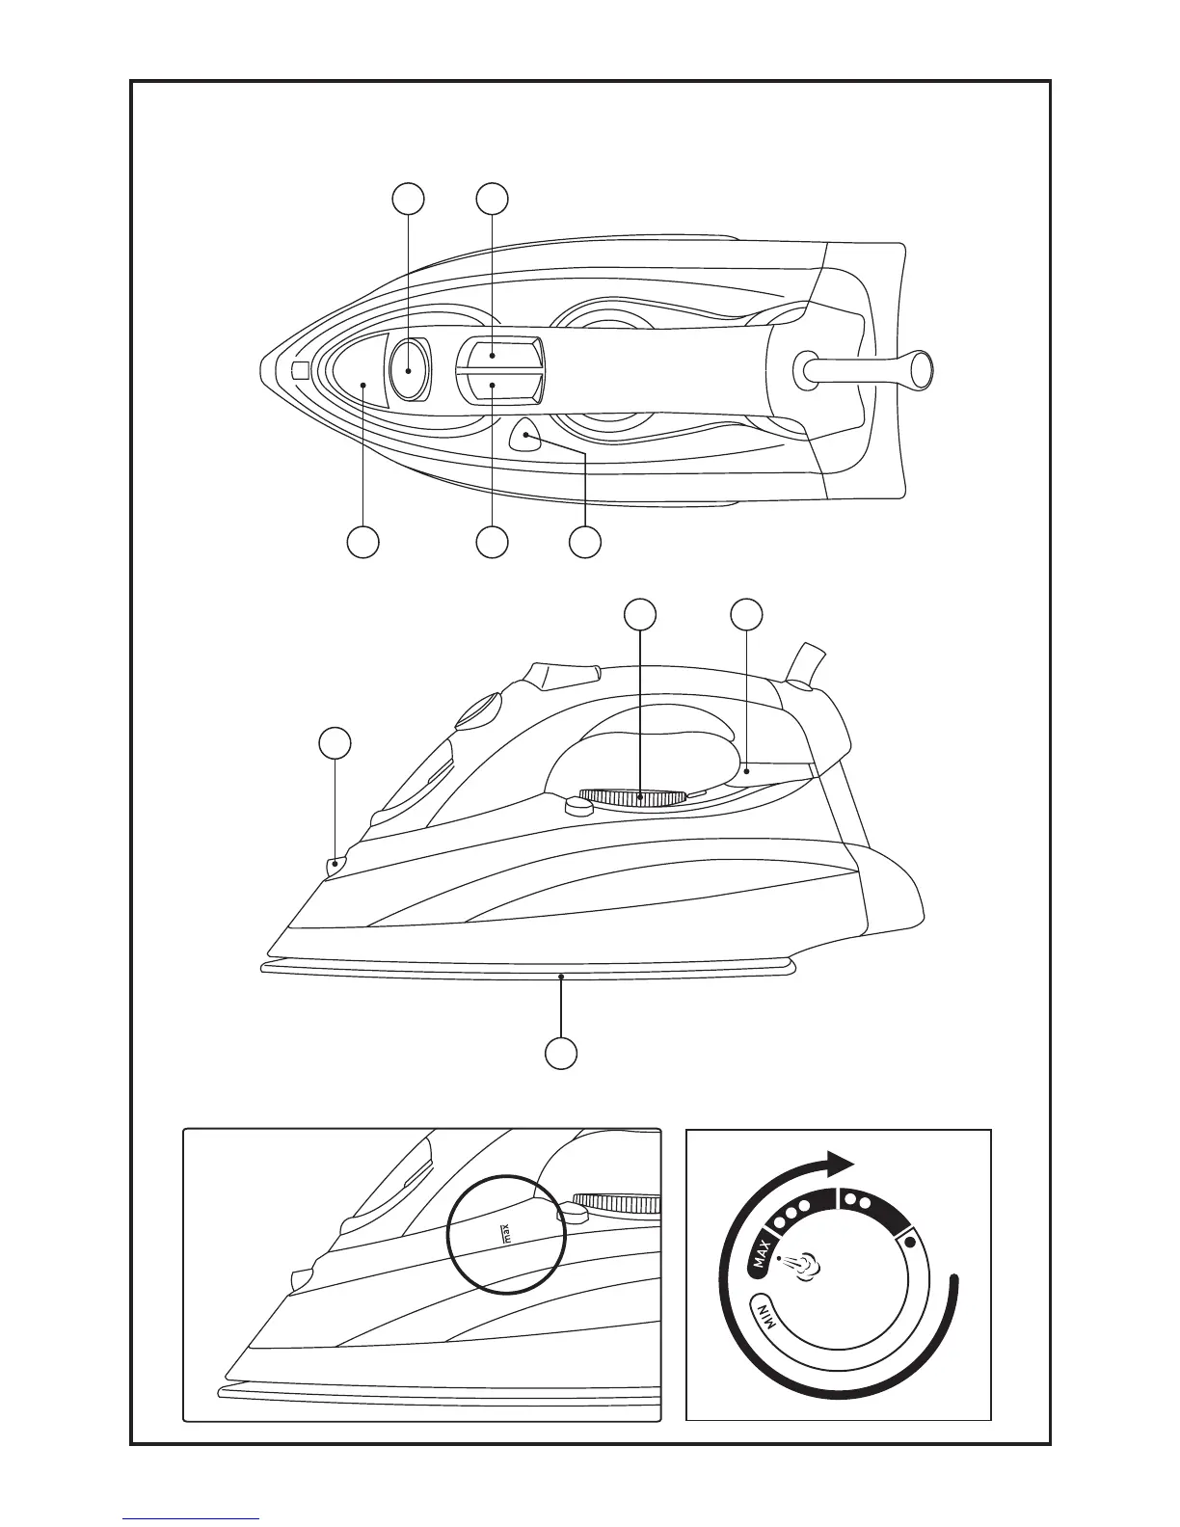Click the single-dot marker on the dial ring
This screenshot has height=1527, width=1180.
910,1242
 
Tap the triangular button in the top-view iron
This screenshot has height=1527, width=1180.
526,436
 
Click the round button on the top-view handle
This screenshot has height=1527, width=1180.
410,369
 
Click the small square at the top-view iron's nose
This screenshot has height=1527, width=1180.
300,370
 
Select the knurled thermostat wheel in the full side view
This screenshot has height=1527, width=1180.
633,797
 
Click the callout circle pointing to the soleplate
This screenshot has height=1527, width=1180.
562,1052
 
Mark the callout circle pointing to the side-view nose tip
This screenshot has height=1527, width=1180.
335,743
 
